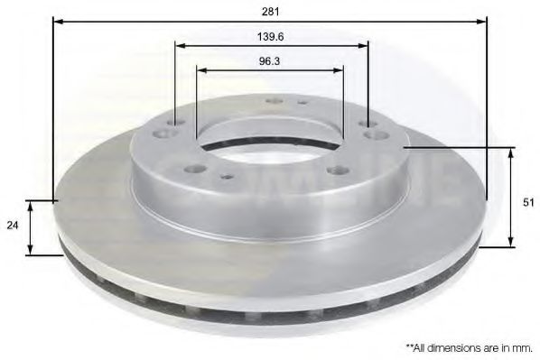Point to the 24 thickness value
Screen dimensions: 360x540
coord(13,226)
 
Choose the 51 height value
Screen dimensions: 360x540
coord(528,202)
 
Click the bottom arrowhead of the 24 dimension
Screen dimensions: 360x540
coord(32,248)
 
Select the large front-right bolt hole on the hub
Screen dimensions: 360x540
coord(338,169)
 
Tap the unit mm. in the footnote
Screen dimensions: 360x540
coord(521,346)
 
